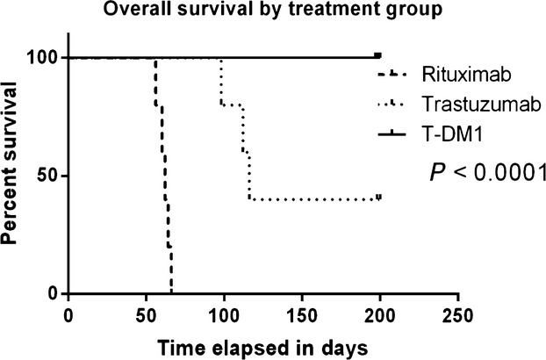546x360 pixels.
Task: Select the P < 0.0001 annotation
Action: [x=484, y=173]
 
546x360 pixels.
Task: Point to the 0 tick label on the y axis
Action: [x=54, y=293]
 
